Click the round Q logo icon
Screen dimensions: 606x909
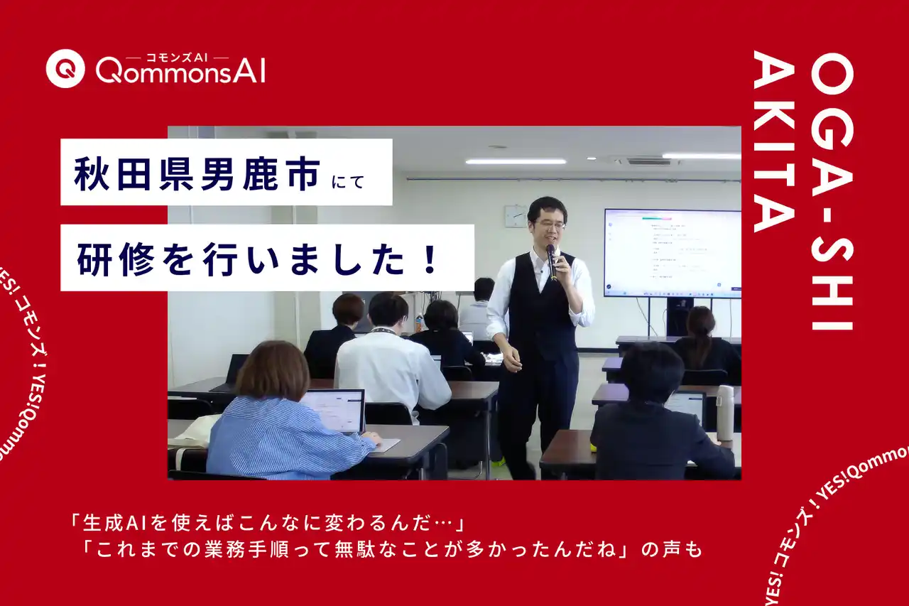(x=65, y=68)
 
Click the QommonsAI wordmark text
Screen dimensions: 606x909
(x=180, y=72)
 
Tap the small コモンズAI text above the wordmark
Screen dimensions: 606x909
(x=177, y=57)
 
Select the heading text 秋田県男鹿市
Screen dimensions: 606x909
(x=198, y=173)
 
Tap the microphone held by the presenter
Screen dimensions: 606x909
(x=552, y=259)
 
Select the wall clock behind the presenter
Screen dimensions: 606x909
(x=515, y=216)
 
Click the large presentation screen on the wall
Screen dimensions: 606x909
(x=671, y=252)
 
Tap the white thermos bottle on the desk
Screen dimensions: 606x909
(x=724, y=413)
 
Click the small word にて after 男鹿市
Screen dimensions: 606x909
(x=348, y=182)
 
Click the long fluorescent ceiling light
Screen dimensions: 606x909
(x=516, y=161)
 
